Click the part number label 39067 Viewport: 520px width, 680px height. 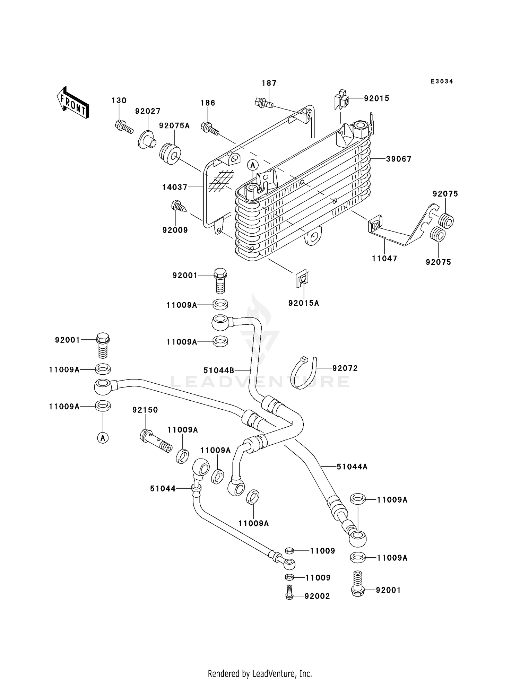399,159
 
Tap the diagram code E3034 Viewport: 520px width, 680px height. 442,81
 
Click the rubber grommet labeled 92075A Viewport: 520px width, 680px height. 170,154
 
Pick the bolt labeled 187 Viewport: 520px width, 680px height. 263,102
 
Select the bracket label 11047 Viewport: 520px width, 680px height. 384,259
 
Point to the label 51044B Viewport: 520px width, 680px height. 219,370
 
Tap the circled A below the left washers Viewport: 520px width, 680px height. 103,438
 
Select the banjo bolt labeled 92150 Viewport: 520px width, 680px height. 156,440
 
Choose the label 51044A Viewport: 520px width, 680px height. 352,467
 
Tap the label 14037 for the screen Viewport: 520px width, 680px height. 174,187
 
